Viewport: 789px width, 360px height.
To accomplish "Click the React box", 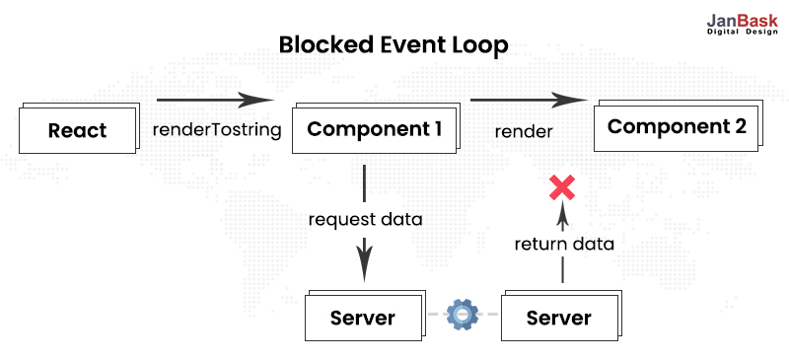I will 76,130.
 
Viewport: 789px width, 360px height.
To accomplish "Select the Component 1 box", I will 374,128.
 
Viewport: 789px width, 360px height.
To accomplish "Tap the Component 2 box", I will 677,126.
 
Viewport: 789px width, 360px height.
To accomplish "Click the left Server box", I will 362,318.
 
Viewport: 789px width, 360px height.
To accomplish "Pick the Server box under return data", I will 559,318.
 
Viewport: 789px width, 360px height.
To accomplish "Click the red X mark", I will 562,186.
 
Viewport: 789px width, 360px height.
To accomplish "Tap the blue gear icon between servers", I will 462,315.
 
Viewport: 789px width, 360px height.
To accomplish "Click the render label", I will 524,130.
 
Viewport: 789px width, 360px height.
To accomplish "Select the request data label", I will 365,219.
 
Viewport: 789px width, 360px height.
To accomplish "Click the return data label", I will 563,243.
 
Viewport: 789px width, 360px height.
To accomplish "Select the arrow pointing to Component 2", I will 534,100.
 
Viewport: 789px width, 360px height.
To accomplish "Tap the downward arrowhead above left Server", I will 365,263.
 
